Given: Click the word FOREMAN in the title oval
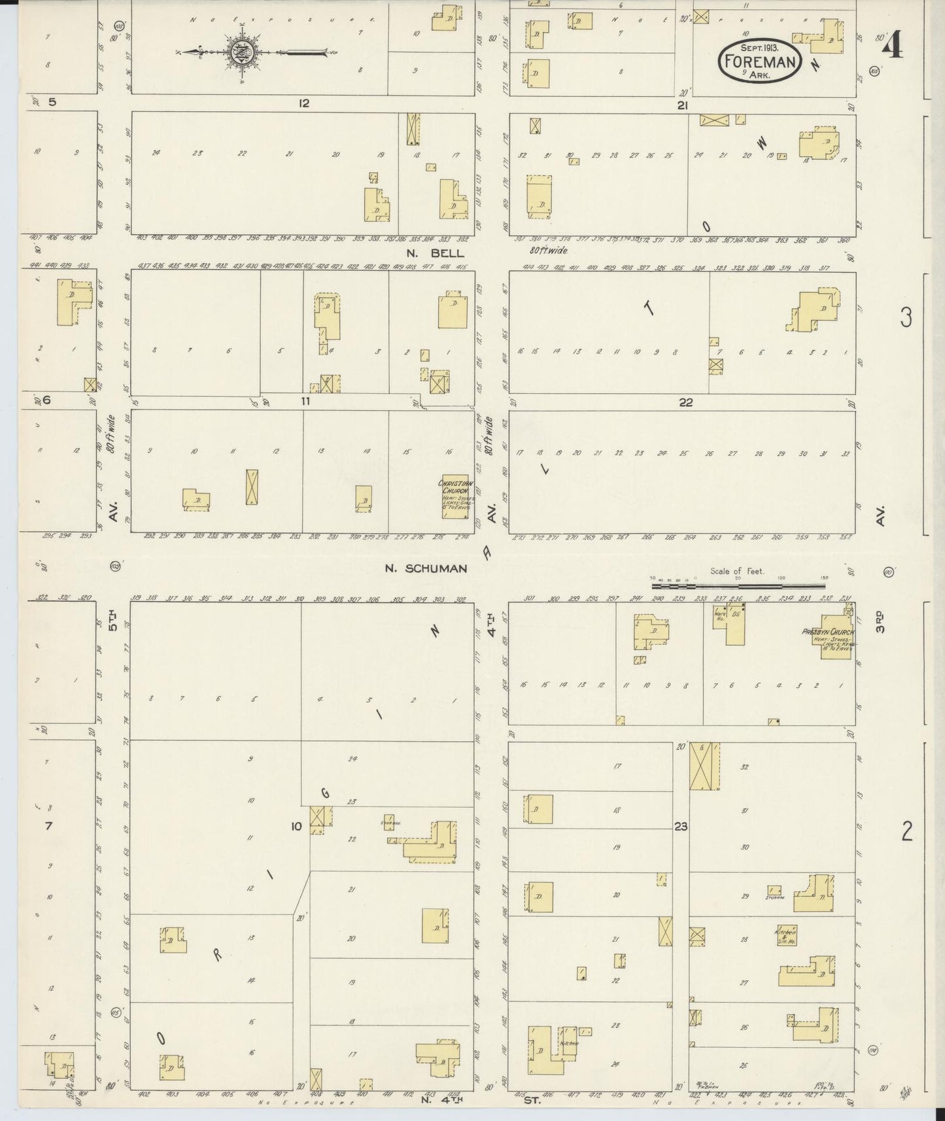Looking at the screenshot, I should (760, 62).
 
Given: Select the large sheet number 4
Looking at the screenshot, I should (892, 46).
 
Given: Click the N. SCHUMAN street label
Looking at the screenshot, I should (426, 568).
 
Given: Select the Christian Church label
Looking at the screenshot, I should (455, 487).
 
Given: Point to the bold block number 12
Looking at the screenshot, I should (303, 103).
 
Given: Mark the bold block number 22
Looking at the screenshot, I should (685, 402).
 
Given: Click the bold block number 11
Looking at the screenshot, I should (305, 402).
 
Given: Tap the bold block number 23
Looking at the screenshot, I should (681, 827).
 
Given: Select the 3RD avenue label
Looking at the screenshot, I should (880, 621).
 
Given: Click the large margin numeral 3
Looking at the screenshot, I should (906, 318).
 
